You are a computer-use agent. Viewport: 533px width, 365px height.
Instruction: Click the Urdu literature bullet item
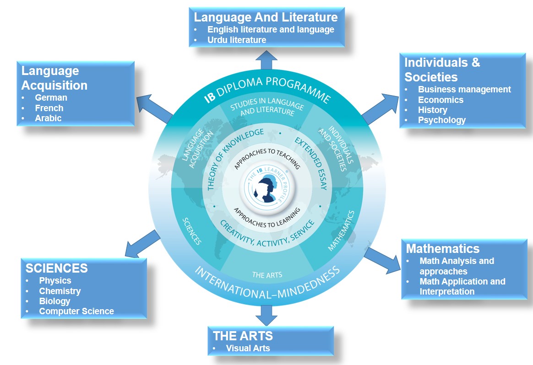(236, 40)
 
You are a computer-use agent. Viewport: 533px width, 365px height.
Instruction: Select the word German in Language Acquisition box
(51, 97)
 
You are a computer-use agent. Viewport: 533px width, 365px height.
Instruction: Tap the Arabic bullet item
(48, 118)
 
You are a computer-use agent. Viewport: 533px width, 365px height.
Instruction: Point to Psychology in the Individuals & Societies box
(441, 120)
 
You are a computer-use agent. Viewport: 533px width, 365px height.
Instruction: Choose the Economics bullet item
(441, 100)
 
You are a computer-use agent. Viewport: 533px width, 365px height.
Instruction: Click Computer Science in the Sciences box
(76, 311)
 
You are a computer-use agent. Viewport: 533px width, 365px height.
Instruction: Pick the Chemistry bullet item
(60, 291)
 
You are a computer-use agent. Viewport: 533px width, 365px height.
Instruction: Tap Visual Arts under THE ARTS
(248, 348)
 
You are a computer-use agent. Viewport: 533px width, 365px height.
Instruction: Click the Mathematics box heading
(442, 248)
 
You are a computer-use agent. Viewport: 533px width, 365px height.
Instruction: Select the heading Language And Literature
(266, 17)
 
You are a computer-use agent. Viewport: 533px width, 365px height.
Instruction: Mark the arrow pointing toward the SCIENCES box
(142, 244)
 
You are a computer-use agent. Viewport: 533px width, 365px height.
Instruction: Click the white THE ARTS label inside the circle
(267, 275)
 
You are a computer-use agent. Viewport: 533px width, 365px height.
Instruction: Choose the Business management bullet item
(464, 90)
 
